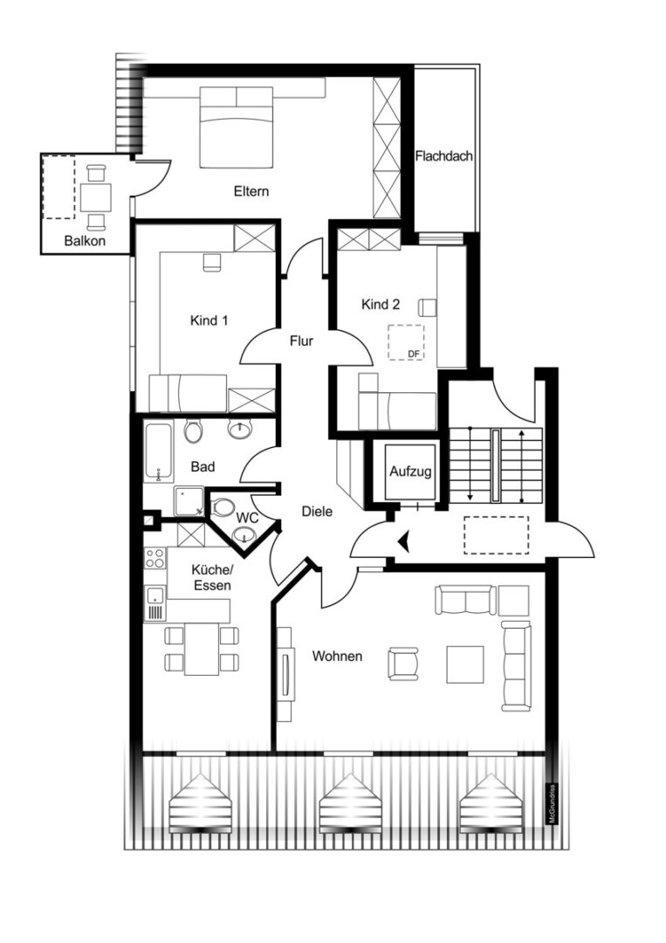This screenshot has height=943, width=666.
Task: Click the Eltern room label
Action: [251, 191]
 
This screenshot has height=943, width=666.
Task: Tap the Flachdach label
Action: [444, 156]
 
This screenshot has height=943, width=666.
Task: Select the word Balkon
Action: [85, 241]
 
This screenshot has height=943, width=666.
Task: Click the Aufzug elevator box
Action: [410, 471]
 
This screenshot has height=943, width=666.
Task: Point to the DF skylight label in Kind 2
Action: [414, 354]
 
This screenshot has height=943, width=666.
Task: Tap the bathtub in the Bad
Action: [159, 452]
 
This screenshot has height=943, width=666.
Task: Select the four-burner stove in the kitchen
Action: [155, 558]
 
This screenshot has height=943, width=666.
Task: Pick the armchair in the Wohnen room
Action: [403, 664]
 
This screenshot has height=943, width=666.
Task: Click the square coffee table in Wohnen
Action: [465, 664]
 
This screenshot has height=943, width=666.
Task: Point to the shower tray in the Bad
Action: [189, 501]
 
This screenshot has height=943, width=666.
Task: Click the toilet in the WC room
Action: [222, 507]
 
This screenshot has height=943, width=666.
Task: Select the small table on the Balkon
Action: [95, 198]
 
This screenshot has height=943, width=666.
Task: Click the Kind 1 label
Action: [209, 320]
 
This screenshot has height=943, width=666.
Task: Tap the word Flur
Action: [301, 341]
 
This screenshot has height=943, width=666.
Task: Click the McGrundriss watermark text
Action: [551, 804]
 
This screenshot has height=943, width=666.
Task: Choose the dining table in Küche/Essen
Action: [202, 649]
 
